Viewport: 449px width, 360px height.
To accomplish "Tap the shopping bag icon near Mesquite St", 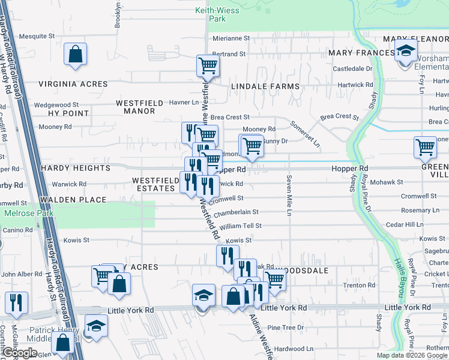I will pyautogui.click(x=76, y=54).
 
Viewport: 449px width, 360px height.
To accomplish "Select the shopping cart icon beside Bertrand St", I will pyautogui.click(x=208, y=66).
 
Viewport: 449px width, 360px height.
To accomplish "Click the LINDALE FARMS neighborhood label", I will pyautogui.click(x=264, y=86).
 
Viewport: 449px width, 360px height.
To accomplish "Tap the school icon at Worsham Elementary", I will pyautogui.click(x=406, y=52).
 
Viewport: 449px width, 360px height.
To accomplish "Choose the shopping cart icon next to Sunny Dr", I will pyautogui.click(x=252, y=145).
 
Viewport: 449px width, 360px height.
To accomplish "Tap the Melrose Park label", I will pyautogui.click(x=29, y=213).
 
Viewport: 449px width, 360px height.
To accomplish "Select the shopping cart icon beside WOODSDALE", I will pyautogui.click(x=274, y=278).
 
